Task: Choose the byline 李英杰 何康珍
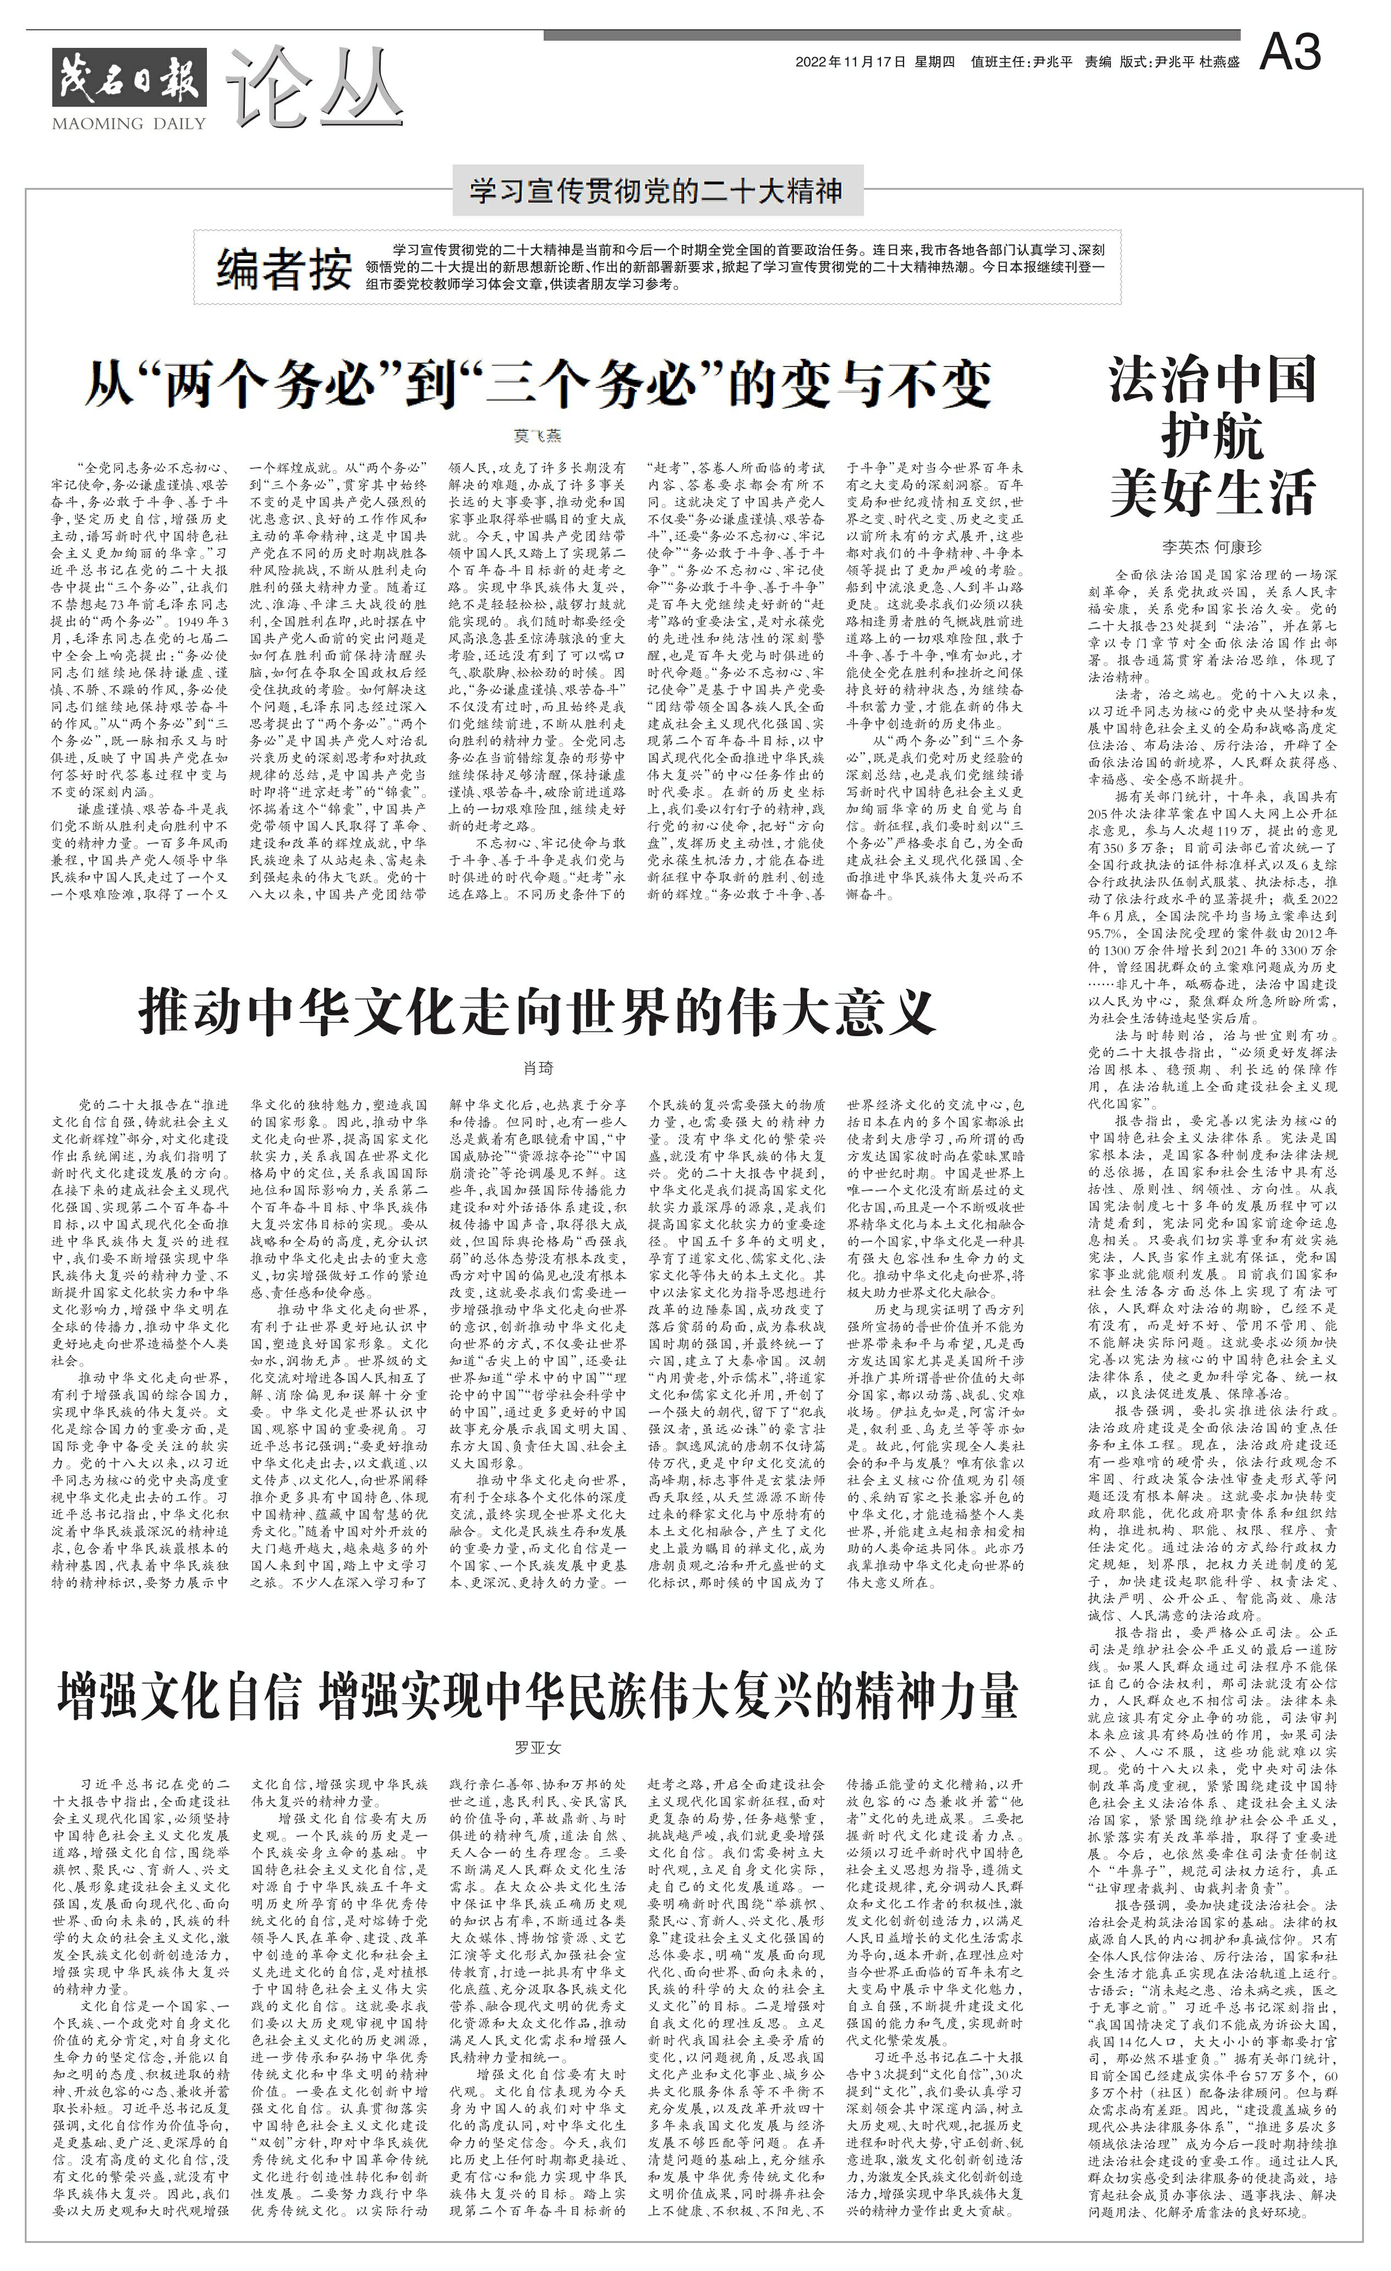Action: [x=1212, y=546]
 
